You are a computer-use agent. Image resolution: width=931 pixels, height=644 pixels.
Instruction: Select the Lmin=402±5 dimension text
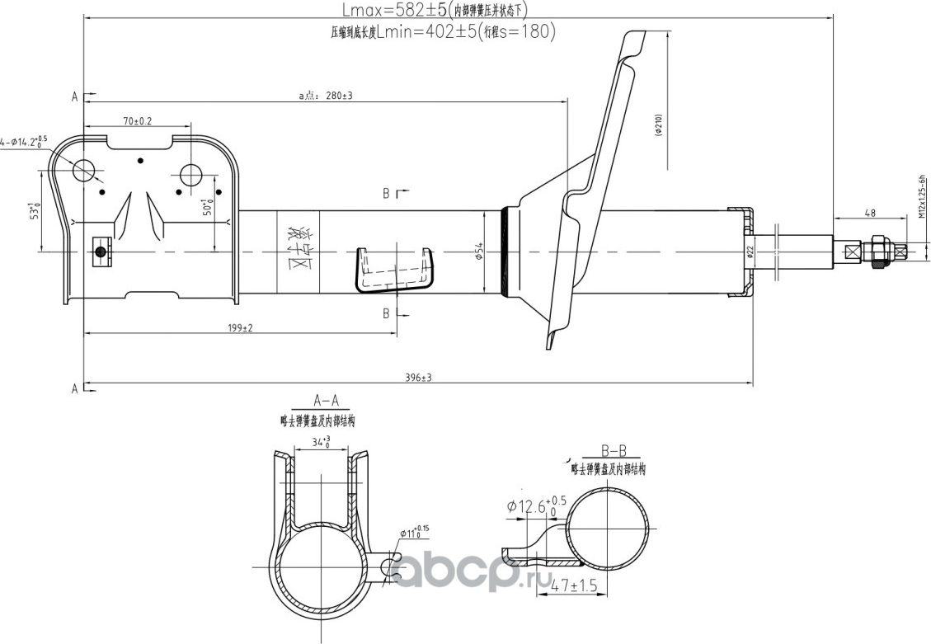pos(416,32)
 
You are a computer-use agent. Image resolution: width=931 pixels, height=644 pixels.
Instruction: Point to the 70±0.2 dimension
pos(138,121)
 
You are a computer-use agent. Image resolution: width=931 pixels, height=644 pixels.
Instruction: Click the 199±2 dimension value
pos(241,327)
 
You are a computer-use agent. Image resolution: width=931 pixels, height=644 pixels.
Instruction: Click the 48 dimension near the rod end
pos(869,212)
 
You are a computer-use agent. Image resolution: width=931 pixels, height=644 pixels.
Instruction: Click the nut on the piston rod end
pos(878,251)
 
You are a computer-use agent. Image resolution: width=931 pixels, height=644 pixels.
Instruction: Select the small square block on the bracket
pos(101,251)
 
